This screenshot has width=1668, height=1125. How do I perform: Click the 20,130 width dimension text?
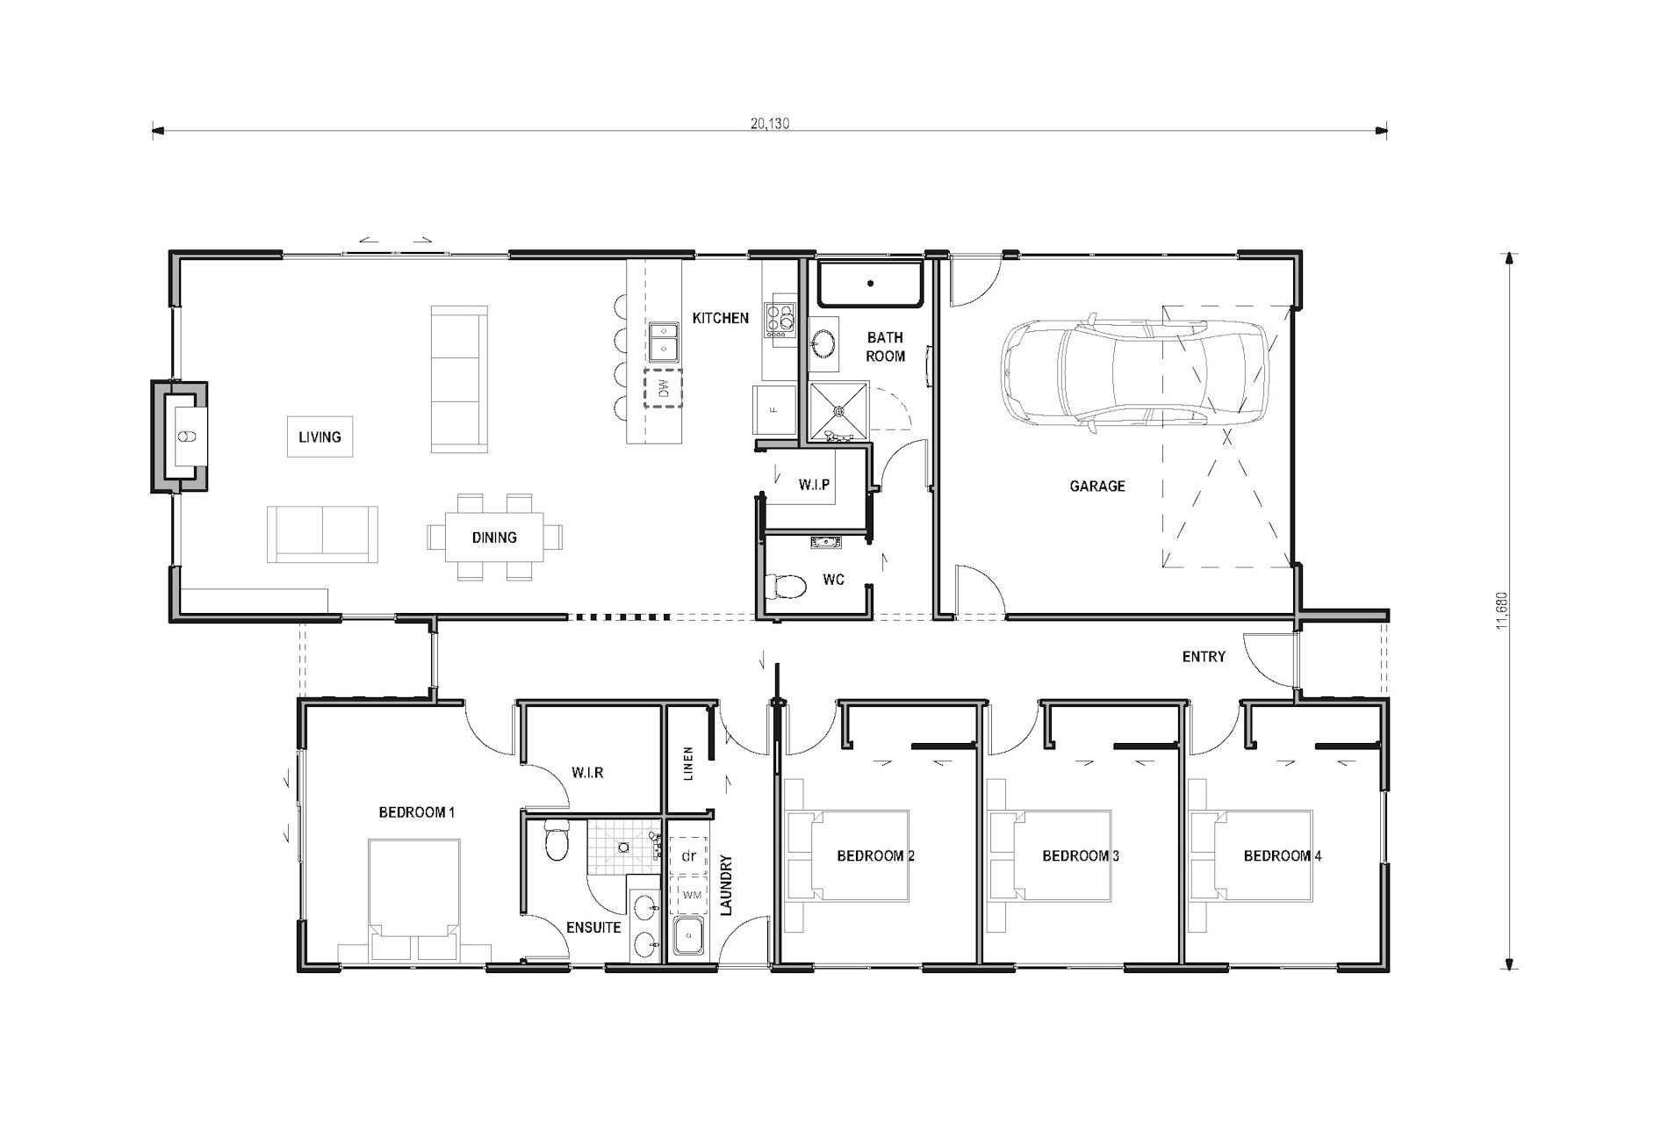[x=770, y=124]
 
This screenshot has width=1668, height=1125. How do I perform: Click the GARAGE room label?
[x=1096, y=486]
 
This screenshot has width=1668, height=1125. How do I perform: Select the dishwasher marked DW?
[x=663, y=388]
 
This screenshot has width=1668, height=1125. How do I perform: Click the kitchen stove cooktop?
[x=779, y=321]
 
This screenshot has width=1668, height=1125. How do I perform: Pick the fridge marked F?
[x=773, y=410]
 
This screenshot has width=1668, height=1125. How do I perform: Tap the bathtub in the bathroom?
[x=870, y=283]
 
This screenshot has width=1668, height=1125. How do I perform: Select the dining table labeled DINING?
[x=494, y=537]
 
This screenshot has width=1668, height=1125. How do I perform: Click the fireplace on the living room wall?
[x=182, y=436]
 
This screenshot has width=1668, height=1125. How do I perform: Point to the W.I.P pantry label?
[x=814, y=485]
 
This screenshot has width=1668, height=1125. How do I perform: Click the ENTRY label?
[x=1203, y=656]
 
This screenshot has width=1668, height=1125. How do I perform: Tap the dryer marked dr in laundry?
[x=689, y=855]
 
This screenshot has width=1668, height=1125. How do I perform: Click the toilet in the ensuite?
[x=556, y=840]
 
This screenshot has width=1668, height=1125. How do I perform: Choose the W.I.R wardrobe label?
[x=586, y=773]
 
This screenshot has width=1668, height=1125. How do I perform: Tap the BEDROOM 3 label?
[x=1080, y=855]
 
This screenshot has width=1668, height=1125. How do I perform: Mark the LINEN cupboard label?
[x=688, y=764]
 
